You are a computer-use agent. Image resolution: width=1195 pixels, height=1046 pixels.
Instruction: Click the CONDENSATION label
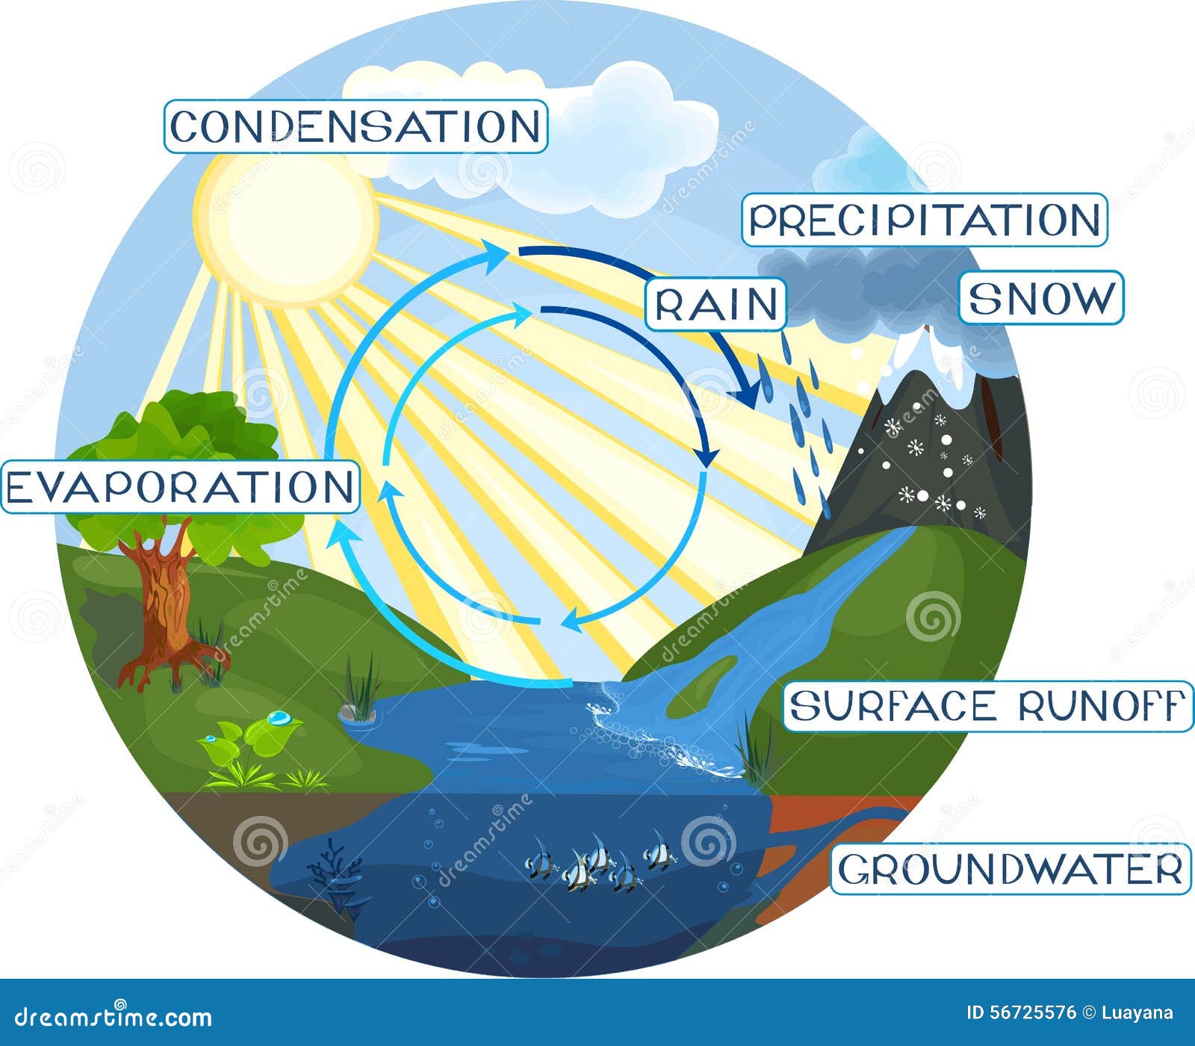356,126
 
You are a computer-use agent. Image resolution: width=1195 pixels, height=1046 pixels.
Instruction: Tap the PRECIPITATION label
924,220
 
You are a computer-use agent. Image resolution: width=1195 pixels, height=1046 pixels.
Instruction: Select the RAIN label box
716,304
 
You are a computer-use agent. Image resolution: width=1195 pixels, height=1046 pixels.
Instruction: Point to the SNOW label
1040,297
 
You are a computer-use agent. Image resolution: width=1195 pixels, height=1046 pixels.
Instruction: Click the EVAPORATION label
179,487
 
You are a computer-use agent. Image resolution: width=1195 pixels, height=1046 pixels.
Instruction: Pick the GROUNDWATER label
1011,869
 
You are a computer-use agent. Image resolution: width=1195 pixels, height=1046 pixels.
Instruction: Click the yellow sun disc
285,227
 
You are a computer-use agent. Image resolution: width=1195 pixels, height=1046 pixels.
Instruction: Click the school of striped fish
597,863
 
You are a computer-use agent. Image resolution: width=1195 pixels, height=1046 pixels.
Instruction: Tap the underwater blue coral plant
336,874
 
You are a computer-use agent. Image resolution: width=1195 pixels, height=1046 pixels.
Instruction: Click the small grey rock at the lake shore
356,711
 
